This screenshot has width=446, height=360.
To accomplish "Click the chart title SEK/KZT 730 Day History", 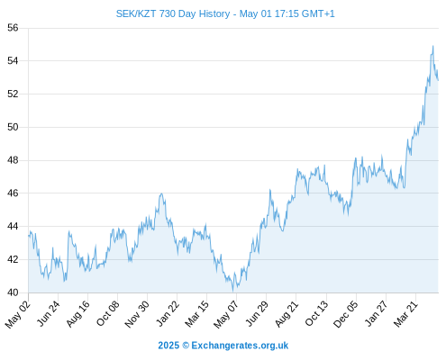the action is coord(173,13).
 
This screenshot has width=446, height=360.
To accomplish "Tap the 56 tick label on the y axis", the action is coord(13,28).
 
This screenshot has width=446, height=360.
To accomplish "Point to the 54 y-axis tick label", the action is coord(13,61).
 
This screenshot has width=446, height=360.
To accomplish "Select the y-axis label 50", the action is coord(13,127).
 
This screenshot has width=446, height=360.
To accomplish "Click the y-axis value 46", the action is coord(13,193).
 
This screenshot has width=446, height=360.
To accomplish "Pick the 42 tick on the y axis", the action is coord(13,259).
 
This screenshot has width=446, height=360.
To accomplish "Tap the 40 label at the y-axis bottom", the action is coord(13,292).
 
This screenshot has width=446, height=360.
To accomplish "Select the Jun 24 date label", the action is coord(48,313).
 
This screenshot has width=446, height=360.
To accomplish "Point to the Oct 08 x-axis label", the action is coord(107,313).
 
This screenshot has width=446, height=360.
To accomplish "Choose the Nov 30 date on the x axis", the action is coord(137,314).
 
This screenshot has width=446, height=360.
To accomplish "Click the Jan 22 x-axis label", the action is coord(168,313).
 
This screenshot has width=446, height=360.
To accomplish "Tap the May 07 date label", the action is coord(226,314).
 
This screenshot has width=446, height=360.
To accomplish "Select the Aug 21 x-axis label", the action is coord(287,313).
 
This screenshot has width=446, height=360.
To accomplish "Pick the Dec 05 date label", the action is coord(346,314).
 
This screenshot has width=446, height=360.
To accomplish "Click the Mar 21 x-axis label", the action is coord(405,313).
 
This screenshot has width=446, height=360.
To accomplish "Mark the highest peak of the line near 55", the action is coord(432,46).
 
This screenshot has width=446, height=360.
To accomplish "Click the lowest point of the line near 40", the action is coord(232,291).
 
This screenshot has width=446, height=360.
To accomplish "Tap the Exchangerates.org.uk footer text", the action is coord(240,346).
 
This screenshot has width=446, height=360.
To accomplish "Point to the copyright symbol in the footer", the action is coord(186,346).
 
